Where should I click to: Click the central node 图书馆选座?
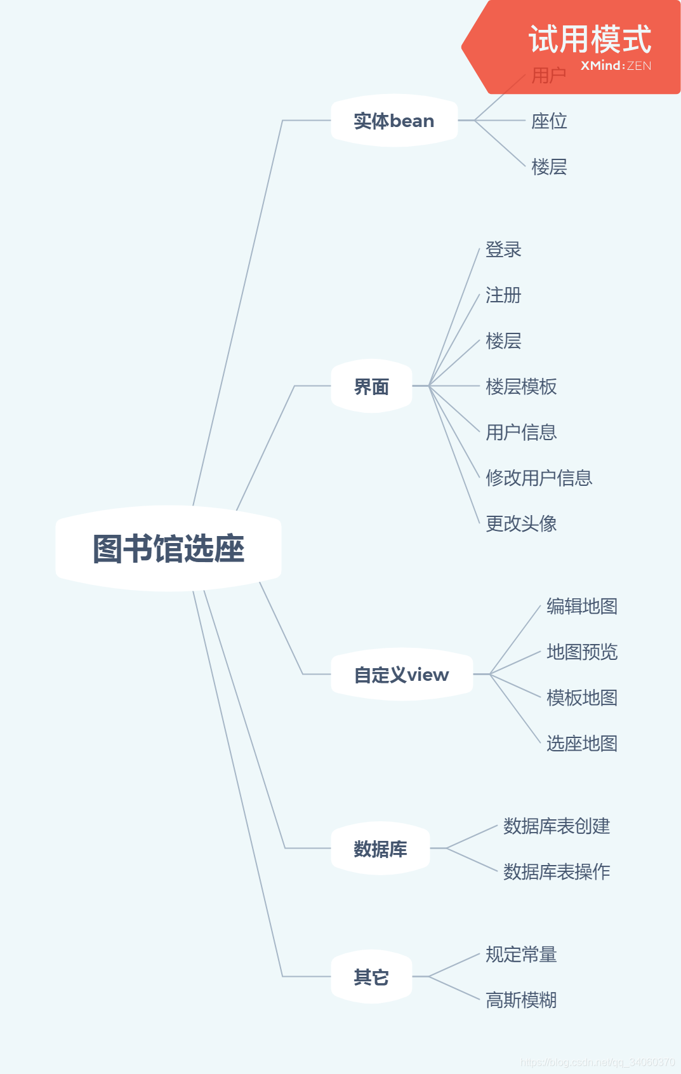pyautogui.click(x=168, y=549)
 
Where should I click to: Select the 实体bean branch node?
pyautogui.click(x=393, y=121)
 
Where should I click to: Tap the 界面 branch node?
pyautogui.click(x=371, y=386)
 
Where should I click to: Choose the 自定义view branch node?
pyautogui.click(x=401, y=675)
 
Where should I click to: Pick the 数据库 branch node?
pyautogui.click(x=380, y=849)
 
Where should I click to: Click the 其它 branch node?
pyautogui.click(x=371, y=977)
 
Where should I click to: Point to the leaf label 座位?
pyautogui.click(x=549, y=121)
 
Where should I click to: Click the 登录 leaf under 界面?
pyautogui.click(x=503, y=250)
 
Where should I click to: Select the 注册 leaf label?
pyautogui.click(x=503, y=295)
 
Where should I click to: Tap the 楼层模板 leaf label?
pyautogui.click(x=521, y=386)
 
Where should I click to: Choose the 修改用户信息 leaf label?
pyautogui.click(x=539, y=478)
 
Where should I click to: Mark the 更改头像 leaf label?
pyautogui.click(x=521, y=523)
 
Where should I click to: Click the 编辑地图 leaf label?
pyautogui.click(x=582, y=607)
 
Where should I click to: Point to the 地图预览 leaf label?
pyautogui.click(x=582, y=652)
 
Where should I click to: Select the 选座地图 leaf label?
pyautogui.click(x=582, y=743)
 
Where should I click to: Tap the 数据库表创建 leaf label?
pyautogui.click(x=557, y=826)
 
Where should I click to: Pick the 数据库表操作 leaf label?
pyautogui.click(x=557, y=871)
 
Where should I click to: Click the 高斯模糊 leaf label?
pyautogui.click(x=521, y=1000)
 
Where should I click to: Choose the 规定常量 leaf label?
pyautogui.click(x=521, y=955)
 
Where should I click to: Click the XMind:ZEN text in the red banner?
pyautogui.click(x=616, y=65)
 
